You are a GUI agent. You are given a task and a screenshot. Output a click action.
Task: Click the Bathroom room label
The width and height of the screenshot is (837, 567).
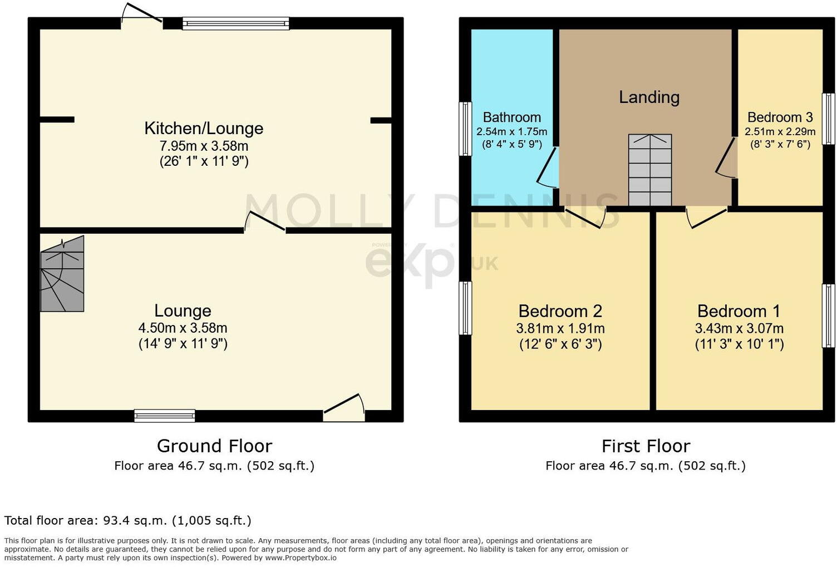tap(511, 117)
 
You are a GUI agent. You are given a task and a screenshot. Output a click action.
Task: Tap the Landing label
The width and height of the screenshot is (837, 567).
tap(649, 97)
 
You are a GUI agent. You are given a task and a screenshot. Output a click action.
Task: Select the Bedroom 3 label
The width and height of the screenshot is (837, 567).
tap(780, 117)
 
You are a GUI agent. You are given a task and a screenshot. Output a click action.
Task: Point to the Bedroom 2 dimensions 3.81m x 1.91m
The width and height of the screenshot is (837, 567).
tap(560, 328)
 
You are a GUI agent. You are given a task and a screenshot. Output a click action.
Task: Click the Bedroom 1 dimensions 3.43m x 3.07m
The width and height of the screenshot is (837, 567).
tap(739, 328)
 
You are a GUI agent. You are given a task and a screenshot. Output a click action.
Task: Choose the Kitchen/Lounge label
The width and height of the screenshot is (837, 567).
tap(204, 129)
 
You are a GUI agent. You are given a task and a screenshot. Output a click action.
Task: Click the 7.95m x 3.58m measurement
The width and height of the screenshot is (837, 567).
tap(204, 146)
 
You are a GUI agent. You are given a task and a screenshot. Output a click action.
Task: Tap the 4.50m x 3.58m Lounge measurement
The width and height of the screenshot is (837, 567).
tap(183, 328)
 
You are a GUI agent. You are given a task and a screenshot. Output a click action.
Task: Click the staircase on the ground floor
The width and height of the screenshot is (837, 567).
tap(62, 274)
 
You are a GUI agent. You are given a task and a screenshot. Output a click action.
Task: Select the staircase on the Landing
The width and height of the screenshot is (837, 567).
tap(649, 170)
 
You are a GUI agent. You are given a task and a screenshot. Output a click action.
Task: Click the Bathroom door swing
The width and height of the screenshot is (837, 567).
tap(548, 167)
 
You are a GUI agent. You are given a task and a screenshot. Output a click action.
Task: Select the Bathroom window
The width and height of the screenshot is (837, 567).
tap(465, 129)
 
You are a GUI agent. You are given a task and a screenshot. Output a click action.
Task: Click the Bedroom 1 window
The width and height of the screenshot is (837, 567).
tap(829, 316)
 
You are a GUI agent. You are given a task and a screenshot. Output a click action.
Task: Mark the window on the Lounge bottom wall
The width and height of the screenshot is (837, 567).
tap(165, 415)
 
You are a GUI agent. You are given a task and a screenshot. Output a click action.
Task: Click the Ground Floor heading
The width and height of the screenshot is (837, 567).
tap(214, 446)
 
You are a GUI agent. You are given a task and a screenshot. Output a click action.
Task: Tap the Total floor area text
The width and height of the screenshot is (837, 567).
tap(127, 521)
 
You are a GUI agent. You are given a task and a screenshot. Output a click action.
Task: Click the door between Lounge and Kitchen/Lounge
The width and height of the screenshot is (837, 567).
tap(265, 222)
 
